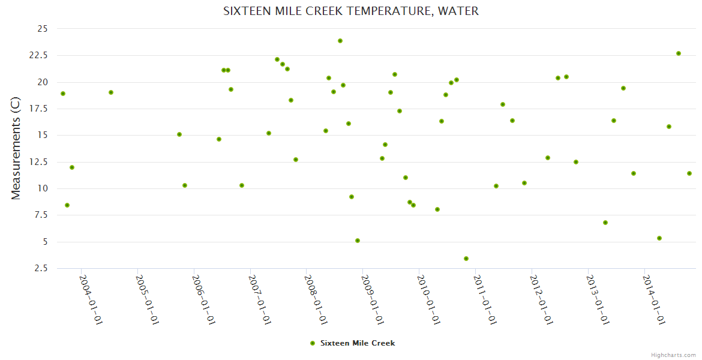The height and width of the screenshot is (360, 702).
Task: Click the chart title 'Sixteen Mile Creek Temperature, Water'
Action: click(x=351, y=11)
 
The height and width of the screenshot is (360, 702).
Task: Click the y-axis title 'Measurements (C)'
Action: click(x=16, y=149)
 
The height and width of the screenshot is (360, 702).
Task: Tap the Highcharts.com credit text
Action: click(x=673, y=355)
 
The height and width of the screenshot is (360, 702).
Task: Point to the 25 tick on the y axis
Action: click(x=42, y=29)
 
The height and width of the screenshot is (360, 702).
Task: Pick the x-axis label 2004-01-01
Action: click(x=91, y=300)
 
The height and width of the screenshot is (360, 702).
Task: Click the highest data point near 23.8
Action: click(x=340, y=41)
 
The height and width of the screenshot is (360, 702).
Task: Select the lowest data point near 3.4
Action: click(x=466, y=259)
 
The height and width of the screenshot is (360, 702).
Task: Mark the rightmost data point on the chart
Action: click(x=689, y=173)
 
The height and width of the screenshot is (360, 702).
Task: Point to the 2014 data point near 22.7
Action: click(x=679, y=53)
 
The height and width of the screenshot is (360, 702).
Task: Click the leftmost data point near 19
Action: click(x=63, y=94)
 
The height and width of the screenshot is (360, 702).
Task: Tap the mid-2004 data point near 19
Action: click(x=111, y=92)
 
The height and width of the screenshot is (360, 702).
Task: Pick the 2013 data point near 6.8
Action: click(x=605, y=223)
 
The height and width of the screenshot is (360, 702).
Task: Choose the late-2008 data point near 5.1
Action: click(x=358, y=241)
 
